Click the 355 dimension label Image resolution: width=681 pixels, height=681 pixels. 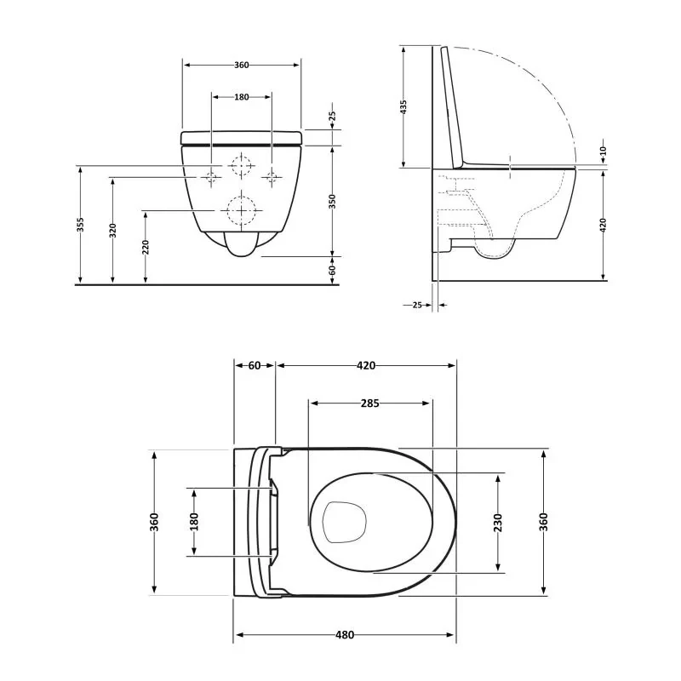[80, 225]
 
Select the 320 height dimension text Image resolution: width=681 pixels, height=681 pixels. [112, 231]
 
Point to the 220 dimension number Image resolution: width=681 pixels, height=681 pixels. [146, 248]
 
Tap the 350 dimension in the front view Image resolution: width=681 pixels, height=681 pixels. [333, 200]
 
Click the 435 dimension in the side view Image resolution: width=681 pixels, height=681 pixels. [404, 106]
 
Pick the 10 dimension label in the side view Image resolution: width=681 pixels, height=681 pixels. [603, 152]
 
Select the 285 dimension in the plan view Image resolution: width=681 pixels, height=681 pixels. [369, 403]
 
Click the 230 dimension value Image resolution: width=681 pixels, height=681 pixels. [498, 521]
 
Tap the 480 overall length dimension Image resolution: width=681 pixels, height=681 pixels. [344, 635]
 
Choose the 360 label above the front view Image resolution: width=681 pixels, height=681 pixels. [241, 66]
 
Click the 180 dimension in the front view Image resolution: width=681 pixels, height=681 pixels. [241, 97]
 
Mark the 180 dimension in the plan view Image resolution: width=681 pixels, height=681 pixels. [194, 522]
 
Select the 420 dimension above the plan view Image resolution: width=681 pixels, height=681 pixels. [365, 365]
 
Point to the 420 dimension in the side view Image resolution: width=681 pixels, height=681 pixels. [604, 225]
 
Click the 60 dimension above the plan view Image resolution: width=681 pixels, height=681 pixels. [255, 365]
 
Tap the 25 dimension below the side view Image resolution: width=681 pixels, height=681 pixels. [417, 304]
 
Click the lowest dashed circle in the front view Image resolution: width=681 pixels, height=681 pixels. [242, 209]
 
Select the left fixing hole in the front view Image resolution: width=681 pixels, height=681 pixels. [211, 177]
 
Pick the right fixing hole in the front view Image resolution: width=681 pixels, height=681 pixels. [272, 177]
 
